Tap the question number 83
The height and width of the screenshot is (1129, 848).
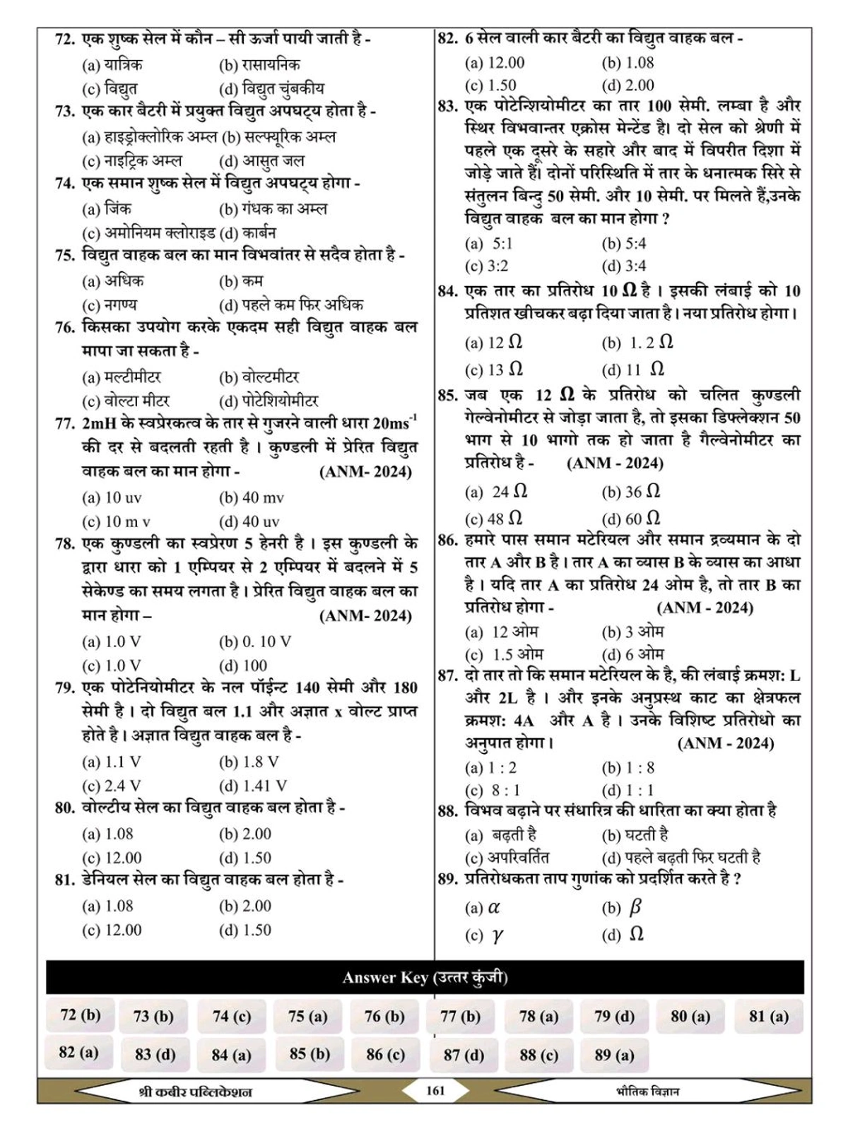pos(448,106)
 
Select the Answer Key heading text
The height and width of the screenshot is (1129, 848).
pos(425,978)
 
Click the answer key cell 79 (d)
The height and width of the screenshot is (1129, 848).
pos(614,1017)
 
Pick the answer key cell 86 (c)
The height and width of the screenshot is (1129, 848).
pos(385,1055)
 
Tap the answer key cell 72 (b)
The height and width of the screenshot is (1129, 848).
pos(81,1015)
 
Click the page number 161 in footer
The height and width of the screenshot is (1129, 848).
pos(436,1091)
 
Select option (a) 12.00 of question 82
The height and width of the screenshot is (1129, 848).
pos(495,63)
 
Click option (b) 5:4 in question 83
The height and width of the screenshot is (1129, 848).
pos(624,244)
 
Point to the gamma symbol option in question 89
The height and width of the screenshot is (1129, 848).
pos(484,936)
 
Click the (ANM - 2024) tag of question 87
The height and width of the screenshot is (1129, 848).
pos(725,743)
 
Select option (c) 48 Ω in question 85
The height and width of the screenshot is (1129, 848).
pos(494,519)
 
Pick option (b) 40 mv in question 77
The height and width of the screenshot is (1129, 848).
pos(252,498)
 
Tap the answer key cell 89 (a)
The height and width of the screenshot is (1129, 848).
pos(614,1055)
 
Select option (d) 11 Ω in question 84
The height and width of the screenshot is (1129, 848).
pos(633,370)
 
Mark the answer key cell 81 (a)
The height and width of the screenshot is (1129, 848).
pos(768,1017)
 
